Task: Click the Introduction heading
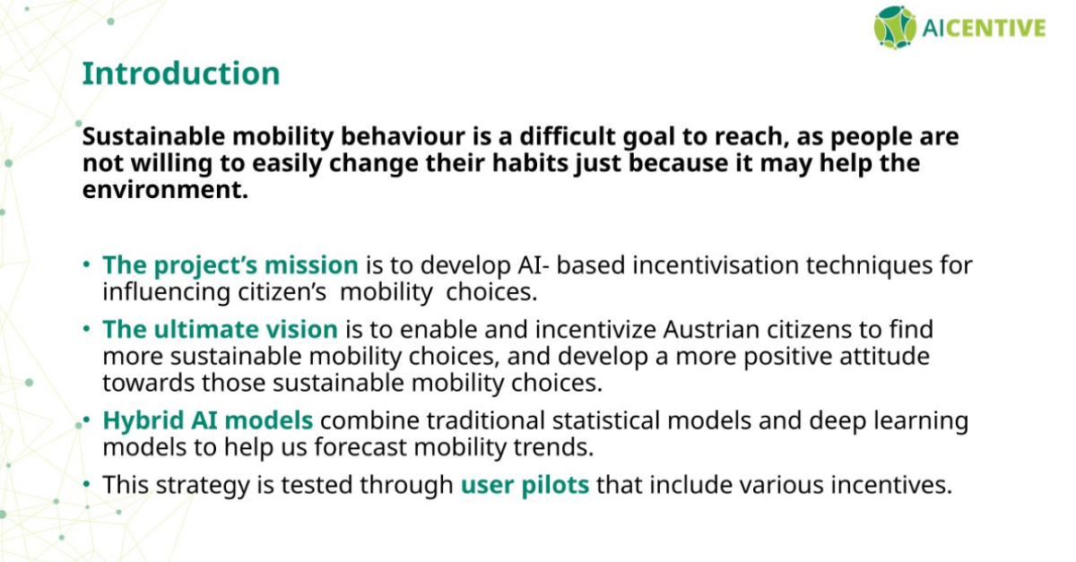181,73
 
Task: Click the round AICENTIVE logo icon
895,28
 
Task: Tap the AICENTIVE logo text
985,28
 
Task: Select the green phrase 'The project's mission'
230,265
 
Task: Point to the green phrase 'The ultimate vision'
220,330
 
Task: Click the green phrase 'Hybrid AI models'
207,420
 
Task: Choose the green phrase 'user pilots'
525,485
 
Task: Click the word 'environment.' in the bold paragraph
165,189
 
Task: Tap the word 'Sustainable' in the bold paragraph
153,136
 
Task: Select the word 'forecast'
360,447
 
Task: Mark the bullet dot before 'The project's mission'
86,264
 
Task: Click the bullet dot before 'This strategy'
86,484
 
